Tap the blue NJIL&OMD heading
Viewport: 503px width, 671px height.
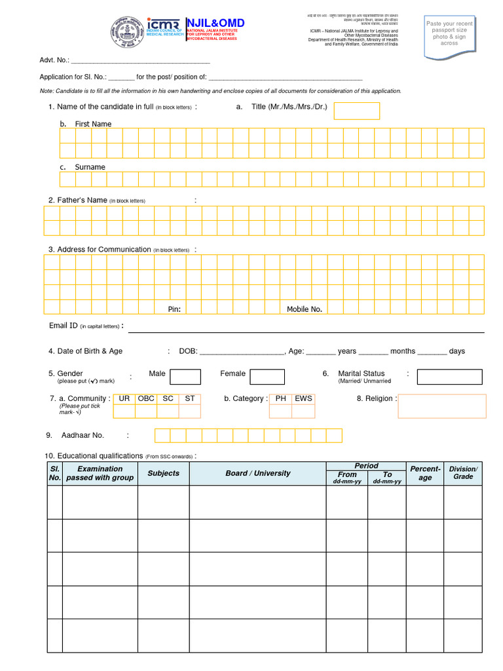[216, 23]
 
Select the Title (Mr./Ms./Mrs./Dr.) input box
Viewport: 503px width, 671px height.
[357, 111]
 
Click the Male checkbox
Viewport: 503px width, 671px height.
[185, 376]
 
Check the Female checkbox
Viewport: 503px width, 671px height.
[267, 376]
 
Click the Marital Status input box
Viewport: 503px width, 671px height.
[449, 377]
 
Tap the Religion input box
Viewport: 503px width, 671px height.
[442, 406]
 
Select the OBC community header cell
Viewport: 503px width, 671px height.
[146, 398]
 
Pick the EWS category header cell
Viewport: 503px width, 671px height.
[303, 398]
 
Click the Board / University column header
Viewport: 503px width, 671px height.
[257, 473]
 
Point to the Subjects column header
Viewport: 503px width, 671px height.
[163, 473]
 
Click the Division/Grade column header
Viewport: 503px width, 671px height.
[463, 473]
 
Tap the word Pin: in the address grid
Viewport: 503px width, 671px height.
[174, 309]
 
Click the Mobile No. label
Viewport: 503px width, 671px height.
[305, 309]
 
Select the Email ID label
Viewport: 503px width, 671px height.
[64, 326]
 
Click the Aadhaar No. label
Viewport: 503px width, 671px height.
[83, 435]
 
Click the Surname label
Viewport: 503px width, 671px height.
[90, 167]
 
